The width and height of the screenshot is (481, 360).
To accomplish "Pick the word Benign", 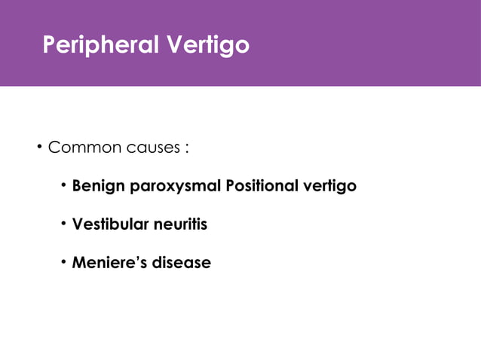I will click(x=99, y=186).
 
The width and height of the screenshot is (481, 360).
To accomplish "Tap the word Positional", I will click(x=260, y=185).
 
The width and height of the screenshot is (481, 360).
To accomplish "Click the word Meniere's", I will click(x=110, y=264).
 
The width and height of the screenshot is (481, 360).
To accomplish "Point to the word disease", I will click(x=182, y=264).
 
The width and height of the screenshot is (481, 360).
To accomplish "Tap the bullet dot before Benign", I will click(x=65, y=185).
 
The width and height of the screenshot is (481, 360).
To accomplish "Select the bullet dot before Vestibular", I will click(x=65, y=224).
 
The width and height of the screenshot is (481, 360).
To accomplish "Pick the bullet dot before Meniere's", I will click(x=65, y=263).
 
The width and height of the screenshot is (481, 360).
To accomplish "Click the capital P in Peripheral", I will click(x=50, y=46).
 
